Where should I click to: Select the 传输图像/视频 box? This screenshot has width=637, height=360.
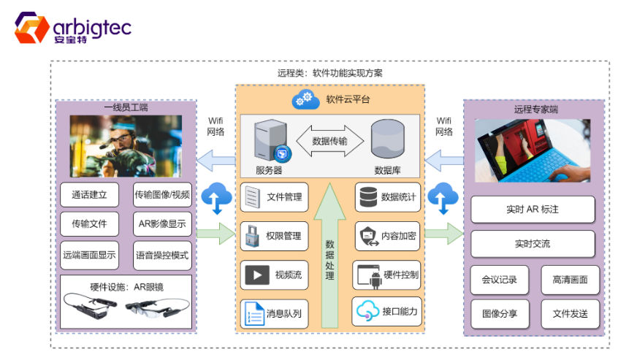[x=162, y=196]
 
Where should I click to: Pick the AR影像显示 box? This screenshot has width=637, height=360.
[x=162, y=224]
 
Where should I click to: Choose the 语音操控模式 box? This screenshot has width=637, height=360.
[x=162, y=256]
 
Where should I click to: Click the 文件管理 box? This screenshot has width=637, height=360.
[x=274, y=197]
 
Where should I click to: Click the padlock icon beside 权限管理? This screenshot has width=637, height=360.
[x=253, y=236]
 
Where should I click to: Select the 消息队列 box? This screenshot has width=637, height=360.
[x=274, y=313]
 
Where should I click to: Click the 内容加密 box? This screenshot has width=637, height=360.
[x=386, y=236]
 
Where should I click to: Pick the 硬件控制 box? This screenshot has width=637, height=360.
[x=386, y=275]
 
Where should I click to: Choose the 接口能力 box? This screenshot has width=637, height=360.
[x=386, y=312]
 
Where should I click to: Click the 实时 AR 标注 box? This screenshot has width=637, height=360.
[x=533, y=210]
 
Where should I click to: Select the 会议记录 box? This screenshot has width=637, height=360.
[x=499, y=280]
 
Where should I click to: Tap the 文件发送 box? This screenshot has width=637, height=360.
[x=570, y=314]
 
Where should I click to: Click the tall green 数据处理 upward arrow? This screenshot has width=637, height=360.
[x=329, y=256]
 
